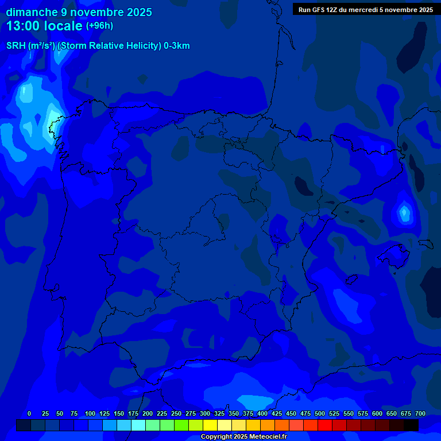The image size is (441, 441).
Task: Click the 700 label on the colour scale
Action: pyautogui.click(x=420, y=413)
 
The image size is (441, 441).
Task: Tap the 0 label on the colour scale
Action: pyautogui.click(x=29, y=413)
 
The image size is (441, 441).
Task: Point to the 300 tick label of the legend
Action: pyautogui.click(x=205, y=413)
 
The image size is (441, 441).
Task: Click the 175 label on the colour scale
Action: pyautogui.click(x=133, y=413)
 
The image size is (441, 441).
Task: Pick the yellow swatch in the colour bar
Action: pyautogui.click(x=210, y=425)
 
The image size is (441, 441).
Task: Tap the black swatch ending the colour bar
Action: pyautogui.click(x=411, y=425)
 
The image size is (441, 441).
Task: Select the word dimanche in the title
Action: pyautogui.click(x=32, y=12)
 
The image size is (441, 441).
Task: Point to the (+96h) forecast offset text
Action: pyautogui.click(x=99, y=26)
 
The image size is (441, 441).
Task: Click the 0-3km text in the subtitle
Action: pyautogui.click(x=177, y=46)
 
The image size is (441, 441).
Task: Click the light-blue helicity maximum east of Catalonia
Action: pyautogui.click(x=405, y=213)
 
